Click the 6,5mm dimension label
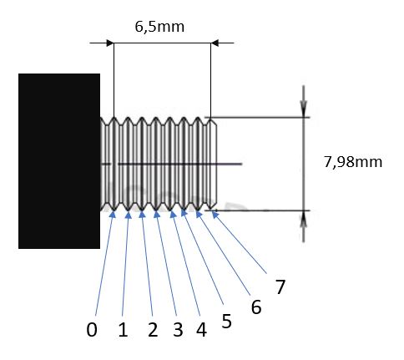(159, 27)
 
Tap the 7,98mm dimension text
(353, 162)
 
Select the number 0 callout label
(92, 330)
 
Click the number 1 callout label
(123, 330)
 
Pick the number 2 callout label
(153, 330)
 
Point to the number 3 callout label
(178, 330)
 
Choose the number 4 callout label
(201, 330)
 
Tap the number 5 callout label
(226, 322)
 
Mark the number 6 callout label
(256, 307)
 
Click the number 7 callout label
(280, 286)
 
